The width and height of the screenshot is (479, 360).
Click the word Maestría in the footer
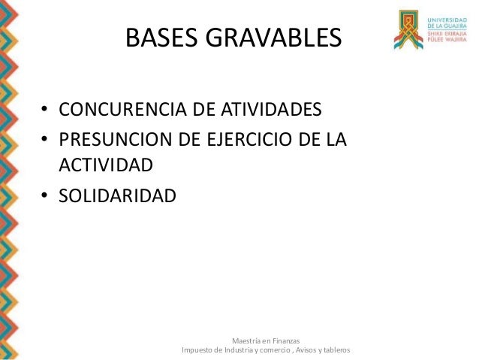point(249,340)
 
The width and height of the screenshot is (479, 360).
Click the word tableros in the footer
point(335,350)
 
